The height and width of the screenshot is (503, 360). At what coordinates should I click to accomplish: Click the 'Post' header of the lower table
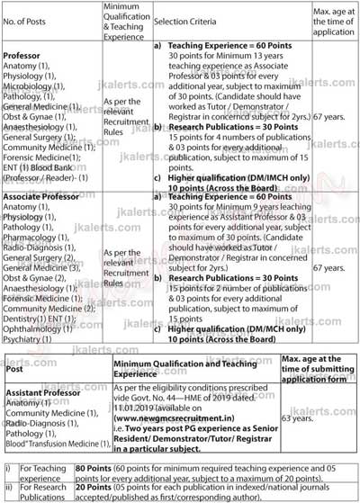click(15, 369)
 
